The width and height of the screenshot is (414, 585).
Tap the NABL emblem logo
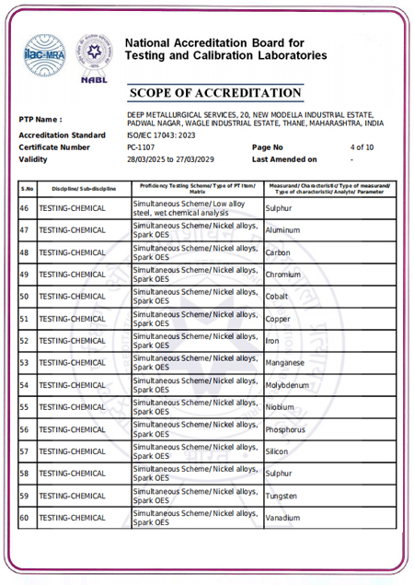point(93,62)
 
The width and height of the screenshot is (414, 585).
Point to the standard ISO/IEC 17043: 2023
point(161,135)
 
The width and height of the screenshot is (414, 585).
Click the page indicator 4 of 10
point(362,147)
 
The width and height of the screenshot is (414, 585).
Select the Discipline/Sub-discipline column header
point(77,188)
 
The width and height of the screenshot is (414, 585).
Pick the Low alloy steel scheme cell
point(189,208)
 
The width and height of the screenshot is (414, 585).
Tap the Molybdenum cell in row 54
point(288,385)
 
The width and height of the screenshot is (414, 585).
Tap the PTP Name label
point(40,120)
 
